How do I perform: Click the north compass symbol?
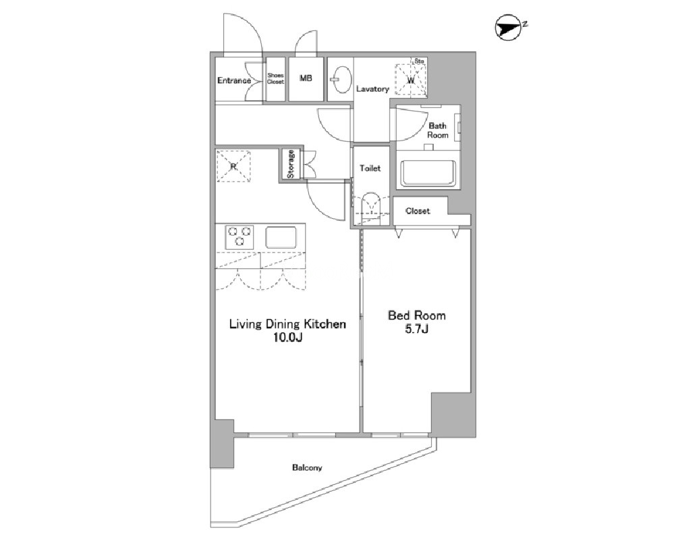[x=509, y=28]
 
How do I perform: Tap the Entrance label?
[x=234, y=80]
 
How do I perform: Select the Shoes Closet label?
[x=275, y=78]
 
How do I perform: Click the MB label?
[x=306, y=78]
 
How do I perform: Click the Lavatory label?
[x=372, y=88]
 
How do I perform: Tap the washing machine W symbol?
[x=412, y=80]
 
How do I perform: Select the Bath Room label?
[x=438, y=130]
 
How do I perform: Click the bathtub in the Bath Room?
[x=428, y=174]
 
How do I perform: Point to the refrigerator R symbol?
[x=233, y=165]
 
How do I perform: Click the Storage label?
[x=291, y=164]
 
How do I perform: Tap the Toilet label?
[x=370, y=168]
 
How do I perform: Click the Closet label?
[x=418, y=211]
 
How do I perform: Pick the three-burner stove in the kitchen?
[x=240, y=236]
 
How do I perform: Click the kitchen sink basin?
[x=281, y=237]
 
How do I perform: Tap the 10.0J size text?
[x=288, y=338]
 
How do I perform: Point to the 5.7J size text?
[x=416, y=329]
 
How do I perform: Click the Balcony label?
[x=307, y=467]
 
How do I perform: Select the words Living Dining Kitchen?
[x=287, y=324]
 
